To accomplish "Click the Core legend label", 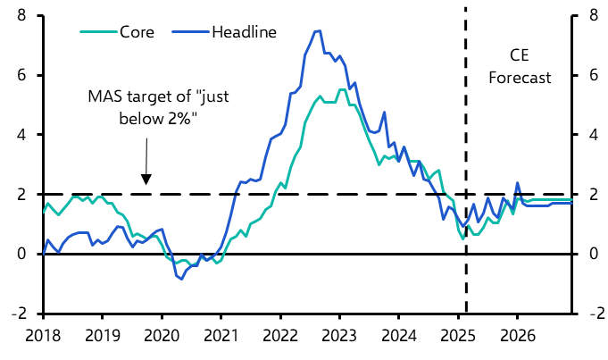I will [137, 32].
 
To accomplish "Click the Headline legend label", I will [244, 32].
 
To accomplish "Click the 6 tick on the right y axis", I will [593, 76].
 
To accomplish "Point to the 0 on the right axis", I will [593, 255].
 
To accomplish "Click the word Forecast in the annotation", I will [520, 78].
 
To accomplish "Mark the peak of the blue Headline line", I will [319, 31].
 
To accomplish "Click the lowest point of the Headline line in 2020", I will [181, 279].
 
